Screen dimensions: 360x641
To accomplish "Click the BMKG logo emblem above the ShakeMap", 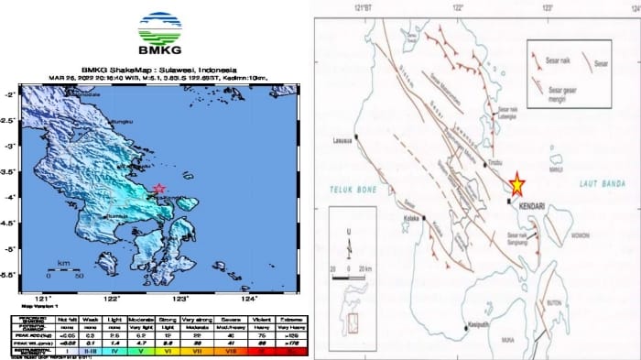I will click(x=158, y=27).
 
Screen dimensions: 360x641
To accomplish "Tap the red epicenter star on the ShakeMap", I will click(x=160, y=190).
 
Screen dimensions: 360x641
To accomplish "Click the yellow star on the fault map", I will click(x=517, y=184).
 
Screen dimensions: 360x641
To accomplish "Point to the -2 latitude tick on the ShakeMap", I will click(x=7, y=93).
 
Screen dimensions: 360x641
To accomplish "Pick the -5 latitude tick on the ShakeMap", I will click(x=7, y=248).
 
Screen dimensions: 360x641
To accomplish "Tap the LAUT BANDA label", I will click(x=600, y=185).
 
